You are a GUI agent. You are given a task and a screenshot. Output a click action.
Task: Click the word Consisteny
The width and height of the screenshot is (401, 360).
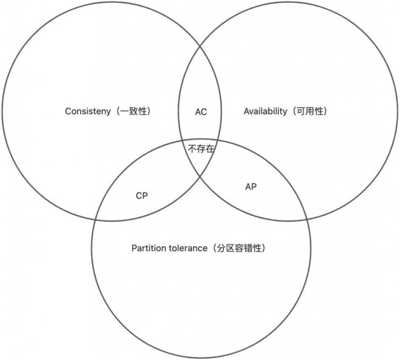pos(88,111)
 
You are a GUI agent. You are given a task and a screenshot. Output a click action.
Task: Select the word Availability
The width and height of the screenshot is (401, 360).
pos(265,111)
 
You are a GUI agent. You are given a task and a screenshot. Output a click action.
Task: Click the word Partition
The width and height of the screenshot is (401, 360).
pos(148,248)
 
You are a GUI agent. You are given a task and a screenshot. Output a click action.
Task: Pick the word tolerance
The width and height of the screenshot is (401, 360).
pos(188,248)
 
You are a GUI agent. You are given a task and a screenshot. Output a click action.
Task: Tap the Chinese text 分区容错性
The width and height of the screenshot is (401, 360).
pos(239,248)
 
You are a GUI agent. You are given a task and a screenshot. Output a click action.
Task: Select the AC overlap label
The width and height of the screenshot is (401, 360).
pos(201,112)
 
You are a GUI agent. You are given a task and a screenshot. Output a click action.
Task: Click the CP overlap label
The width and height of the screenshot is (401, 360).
pos(142,196)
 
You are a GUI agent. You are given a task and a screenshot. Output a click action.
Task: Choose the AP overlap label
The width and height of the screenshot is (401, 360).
pos(251,186)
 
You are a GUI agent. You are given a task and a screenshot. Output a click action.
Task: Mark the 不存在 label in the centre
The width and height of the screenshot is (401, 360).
pos(201,149)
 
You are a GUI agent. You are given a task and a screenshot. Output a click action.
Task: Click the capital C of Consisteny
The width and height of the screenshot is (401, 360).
pos(68,111)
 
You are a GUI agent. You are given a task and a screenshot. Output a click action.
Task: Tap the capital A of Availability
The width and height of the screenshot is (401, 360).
pos(247,111)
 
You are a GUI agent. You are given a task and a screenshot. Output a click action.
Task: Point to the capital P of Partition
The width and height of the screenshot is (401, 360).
pos(134,248)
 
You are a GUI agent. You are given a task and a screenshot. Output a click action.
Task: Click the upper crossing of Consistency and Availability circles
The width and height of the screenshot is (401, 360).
pos(200,46)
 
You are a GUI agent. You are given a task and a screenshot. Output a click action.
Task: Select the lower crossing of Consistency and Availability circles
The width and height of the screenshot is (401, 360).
pos(200,177)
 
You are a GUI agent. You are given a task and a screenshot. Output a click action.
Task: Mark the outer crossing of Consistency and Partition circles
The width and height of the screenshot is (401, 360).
pos(96,219)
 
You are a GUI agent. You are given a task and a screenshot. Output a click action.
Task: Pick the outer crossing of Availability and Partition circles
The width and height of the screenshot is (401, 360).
pos(307,219)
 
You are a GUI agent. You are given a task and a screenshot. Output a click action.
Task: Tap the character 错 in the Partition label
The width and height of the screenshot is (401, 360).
pos(249,248)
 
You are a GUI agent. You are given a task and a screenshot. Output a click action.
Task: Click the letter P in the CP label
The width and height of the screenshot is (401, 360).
pos(145,196)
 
